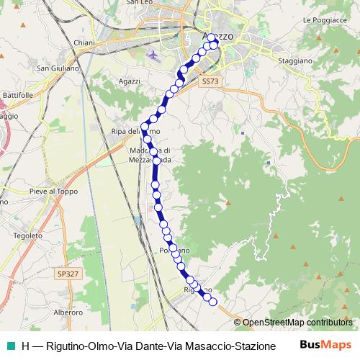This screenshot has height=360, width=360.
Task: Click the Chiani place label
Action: [x=83, y=42]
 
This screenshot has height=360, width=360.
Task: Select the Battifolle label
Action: [x=17, y=94]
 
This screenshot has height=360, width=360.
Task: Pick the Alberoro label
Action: [x=69, y=312]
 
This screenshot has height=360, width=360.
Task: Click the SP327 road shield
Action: [x=66, y=274]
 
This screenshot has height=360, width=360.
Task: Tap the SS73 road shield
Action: [x=209, y=82]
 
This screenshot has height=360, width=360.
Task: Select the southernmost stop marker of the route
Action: [x=212, y=302]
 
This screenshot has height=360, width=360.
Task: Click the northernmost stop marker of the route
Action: [x=212, y=38]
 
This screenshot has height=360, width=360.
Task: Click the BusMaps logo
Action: [x=325, y=345]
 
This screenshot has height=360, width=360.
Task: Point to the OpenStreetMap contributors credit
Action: [x=297, y=322]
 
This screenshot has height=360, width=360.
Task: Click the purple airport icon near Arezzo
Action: [x=152, y=54]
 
